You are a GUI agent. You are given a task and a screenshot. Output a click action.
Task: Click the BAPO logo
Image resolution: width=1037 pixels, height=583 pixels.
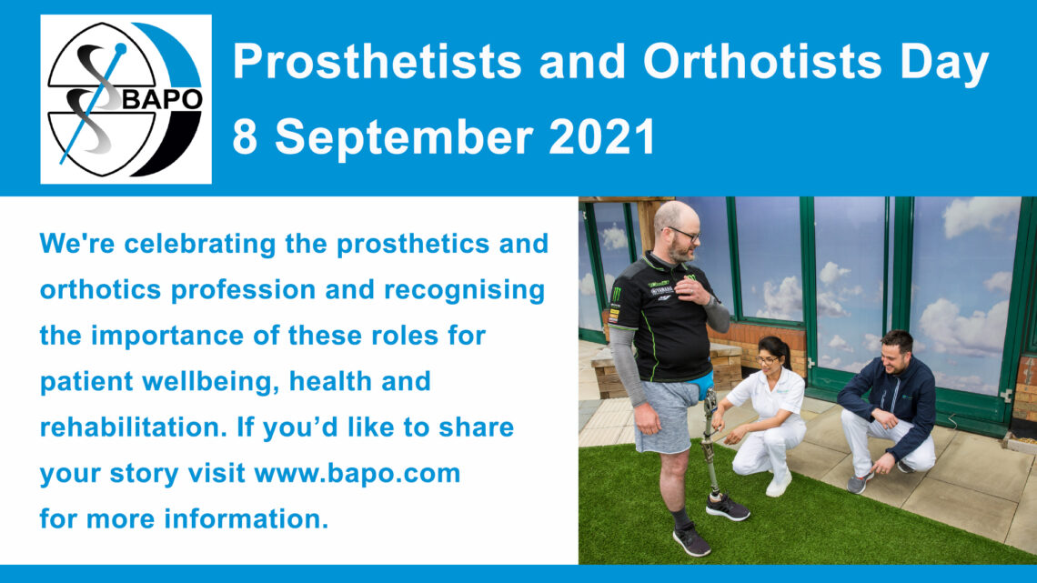point(126,99)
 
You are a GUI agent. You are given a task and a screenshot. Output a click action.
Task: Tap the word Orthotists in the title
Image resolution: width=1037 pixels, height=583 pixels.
point(762,62)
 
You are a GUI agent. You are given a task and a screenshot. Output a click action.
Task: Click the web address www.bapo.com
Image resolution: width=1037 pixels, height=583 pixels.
point(357,474)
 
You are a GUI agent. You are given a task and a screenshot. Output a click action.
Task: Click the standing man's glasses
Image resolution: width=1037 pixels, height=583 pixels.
point(684,234)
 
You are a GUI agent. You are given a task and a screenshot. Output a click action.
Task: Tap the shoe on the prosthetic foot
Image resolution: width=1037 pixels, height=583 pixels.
point(727,508)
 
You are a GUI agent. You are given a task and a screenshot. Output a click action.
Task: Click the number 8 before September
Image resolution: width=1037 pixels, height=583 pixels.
point(245,136)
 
